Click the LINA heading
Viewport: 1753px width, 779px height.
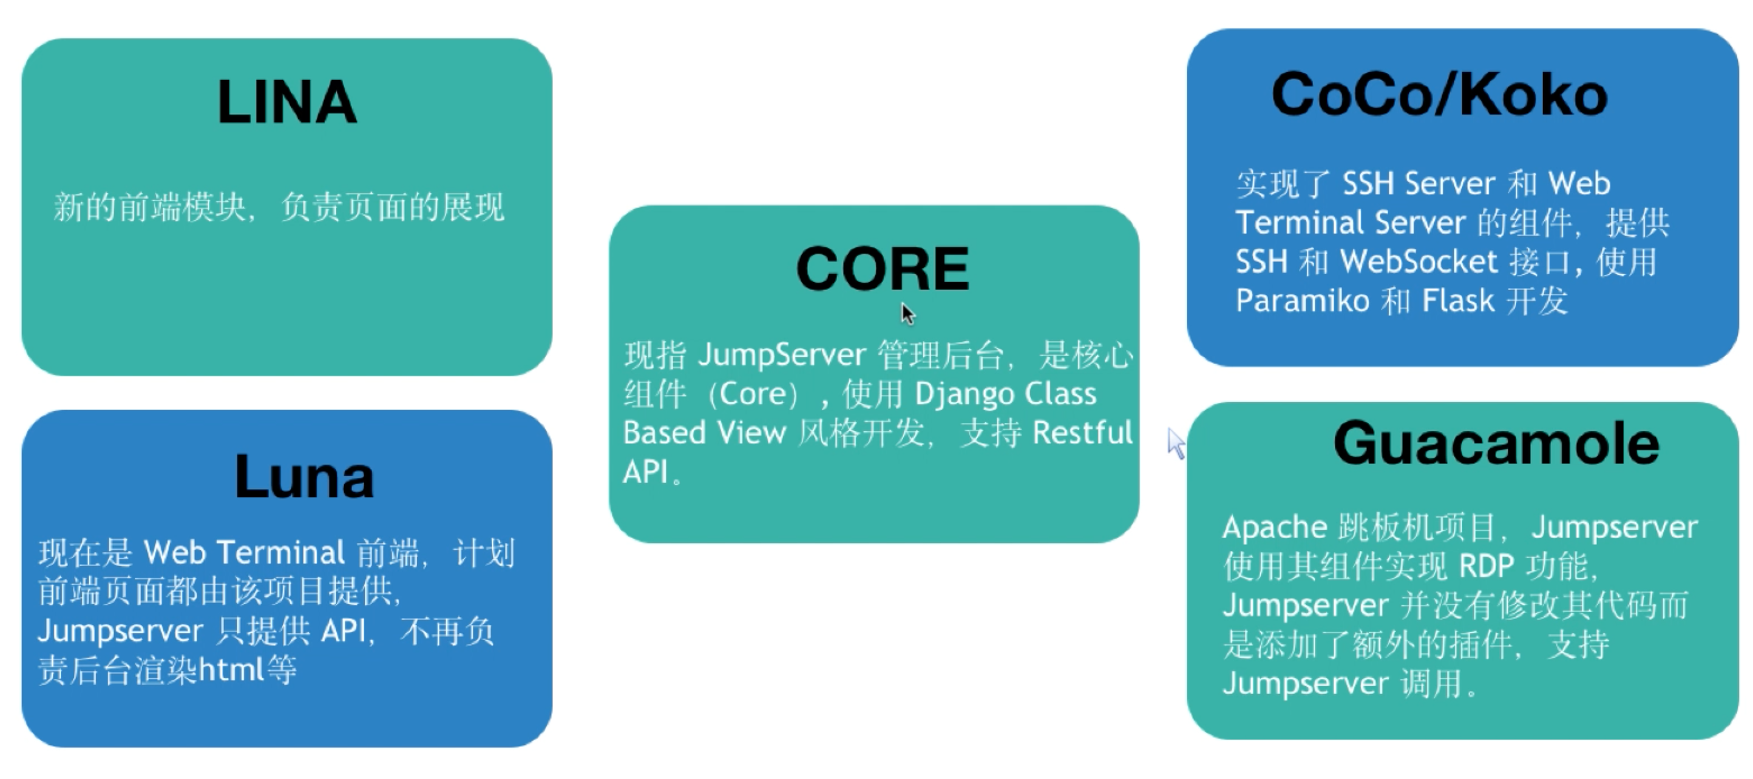[x=287, y=102]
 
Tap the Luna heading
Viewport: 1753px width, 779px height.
[x=304, y=477]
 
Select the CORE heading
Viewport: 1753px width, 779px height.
[x=883, y=269]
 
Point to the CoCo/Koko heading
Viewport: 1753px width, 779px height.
[x=1439, y=95]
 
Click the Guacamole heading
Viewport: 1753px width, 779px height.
[x=1496, y=443]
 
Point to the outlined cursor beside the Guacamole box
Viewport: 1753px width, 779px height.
[x=1176, y=443]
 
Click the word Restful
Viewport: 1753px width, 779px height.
[x=1082, y=433]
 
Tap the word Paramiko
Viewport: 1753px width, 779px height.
[x=1302, y=301]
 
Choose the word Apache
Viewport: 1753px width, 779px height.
[x=1275, y=527]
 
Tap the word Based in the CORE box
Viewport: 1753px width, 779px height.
[x=663, y=433]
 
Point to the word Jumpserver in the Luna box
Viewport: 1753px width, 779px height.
[x=120, y=632]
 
